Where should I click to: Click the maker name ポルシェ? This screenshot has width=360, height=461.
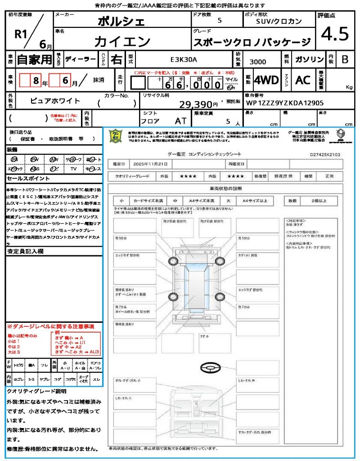coord(121,21)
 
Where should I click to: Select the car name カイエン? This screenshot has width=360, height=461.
coord(122,41)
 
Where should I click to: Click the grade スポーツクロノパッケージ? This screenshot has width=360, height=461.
coord(252,42)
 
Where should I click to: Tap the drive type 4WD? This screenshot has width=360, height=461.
coord(266,80)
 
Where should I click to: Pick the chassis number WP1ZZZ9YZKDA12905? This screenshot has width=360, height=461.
coord(284,103)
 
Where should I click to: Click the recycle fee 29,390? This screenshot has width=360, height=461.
coord(198,104)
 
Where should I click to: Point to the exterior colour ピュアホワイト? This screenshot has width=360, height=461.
coord(55,101)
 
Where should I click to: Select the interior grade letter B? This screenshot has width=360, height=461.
coord(345,59)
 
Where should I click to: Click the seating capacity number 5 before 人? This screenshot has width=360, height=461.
coord(229,121)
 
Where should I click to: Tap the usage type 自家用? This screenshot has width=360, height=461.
coord(34,59)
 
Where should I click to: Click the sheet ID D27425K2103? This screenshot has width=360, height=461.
coord(325,154)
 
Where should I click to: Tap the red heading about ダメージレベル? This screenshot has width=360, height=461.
coord(50,326)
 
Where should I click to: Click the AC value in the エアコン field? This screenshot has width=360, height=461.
coord(303,80)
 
